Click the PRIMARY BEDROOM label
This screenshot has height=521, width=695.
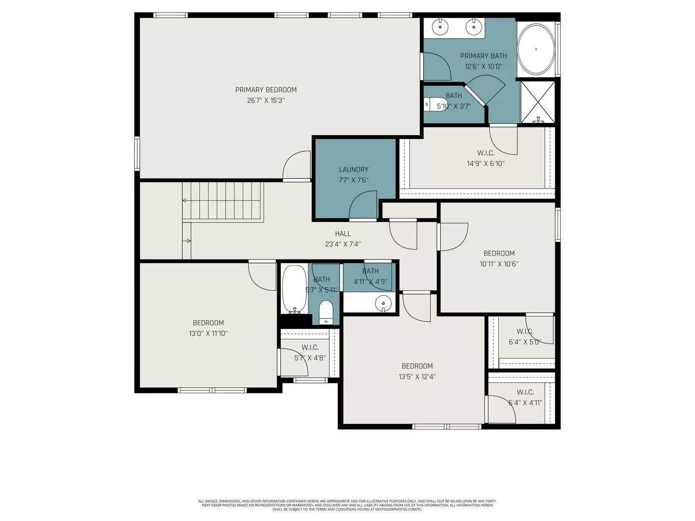click(265, 90)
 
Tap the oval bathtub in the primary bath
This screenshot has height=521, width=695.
click(536, 49)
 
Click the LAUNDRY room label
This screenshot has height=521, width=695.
click(353, 169)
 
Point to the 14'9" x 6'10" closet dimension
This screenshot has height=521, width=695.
click(485, 164)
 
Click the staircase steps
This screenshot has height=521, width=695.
click(223, 201)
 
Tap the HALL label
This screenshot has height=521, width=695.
click(343, 233)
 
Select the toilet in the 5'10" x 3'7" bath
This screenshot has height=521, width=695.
click(431, 104)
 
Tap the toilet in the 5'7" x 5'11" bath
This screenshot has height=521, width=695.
click(326, 312)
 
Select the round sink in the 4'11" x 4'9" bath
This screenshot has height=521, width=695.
click(383, 303)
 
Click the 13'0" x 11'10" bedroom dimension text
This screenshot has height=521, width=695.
click(208, 333)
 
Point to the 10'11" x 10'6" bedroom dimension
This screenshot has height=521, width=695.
click(499, 264)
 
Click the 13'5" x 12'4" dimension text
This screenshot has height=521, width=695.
click(417, 377)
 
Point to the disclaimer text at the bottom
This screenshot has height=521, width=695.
click(347, 505)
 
